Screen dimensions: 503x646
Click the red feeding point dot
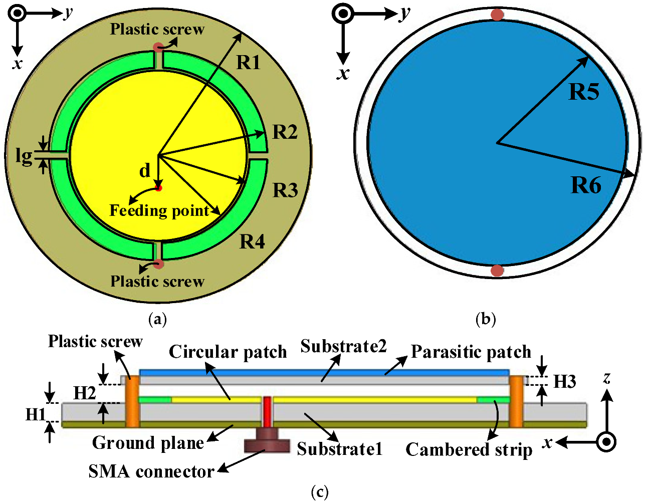tap(158, 188)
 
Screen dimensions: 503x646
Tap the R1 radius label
tap(249, 63)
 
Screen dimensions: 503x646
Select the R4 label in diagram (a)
tap(252, 241)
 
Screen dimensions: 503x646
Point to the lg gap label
tap(24, 156)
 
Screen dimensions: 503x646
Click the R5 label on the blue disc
tap(584, 92)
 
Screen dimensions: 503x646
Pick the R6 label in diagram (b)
tap(586, 186)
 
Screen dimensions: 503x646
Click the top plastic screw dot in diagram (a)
tap(158, 48)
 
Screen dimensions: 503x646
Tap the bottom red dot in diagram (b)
tap(497, 271)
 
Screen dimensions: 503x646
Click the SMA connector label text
tap(151, 471)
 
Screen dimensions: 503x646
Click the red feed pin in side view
tap(267, 411)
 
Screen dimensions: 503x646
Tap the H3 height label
tap(564, 382)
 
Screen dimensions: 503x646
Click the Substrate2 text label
tap(343, 346)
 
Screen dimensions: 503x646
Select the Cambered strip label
tap(469, 449)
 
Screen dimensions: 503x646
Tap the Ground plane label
tap(148, 443)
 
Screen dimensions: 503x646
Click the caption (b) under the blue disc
tap(485, 319)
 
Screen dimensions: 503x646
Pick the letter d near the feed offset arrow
tap(144, 171)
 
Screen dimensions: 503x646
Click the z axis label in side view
tap(607, 378)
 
